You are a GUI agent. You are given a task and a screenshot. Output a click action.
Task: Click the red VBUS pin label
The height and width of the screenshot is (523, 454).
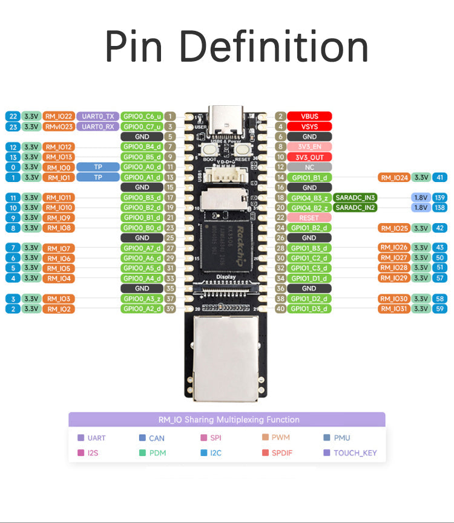pyautogui.click(x=309, y=116)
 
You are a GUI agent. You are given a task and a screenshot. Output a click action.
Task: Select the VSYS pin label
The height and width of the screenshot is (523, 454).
pyautogui.click(x=309, y=126)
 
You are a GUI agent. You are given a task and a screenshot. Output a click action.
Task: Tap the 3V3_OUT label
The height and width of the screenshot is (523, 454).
pyautogui.click(x=309, y=157)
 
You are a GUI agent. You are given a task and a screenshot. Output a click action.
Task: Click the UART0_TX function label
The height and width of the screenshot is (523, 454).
pyautogui.click(x=97, y=116)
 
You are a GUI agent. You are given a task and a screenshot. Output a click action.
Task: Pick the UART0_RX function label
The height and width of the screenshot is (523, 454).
pyautogui.click(x=97, y=126)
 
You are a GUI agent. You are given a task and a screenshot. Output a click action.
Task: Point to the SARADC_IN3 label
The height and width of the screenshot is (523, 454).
pyautogui.click(x=355, y=198)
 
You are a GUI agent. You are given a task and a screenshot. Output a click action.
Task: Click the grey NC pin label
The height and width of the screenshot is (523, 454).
pyautogui.click(x=309, y=167)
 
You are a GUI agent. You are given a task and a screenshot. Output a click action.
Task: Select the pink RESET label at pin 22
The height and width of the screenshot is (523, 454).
pyautogui.click(x=309, y=218)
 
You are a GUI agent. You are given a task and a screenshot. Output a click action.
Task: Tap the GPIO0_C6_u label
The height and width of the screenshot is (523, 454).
pyautogui.click(x=142, y=116)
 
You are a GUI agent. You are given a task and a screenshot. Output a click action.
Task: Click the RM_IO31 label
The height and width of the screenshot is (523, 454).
pyautogui.click(x=394, y=309)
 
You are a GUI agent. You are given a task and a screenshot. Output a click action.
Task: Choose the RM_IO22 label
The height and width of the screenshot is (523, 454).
pyautogui.click(x=59, y=116)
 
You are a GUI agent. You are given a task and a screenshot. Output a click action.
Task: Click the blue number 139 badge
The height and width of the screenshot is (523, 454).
pyautogui.click(x=440, y=198)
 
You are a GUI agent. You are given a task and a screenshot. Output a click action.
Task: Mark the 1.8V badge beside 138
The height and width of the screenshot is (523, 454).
pyautogui.click(x=420, y=207)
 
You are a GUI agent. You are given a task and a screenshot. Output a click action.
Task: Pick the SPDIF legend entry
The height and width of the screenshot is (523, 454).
pyautogui.click(x=281, y=452)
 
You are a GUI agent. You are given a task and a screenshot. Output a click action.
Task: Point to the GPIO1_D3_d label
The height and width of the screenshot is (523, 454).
pyautogui.click(x=309, y=309)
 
